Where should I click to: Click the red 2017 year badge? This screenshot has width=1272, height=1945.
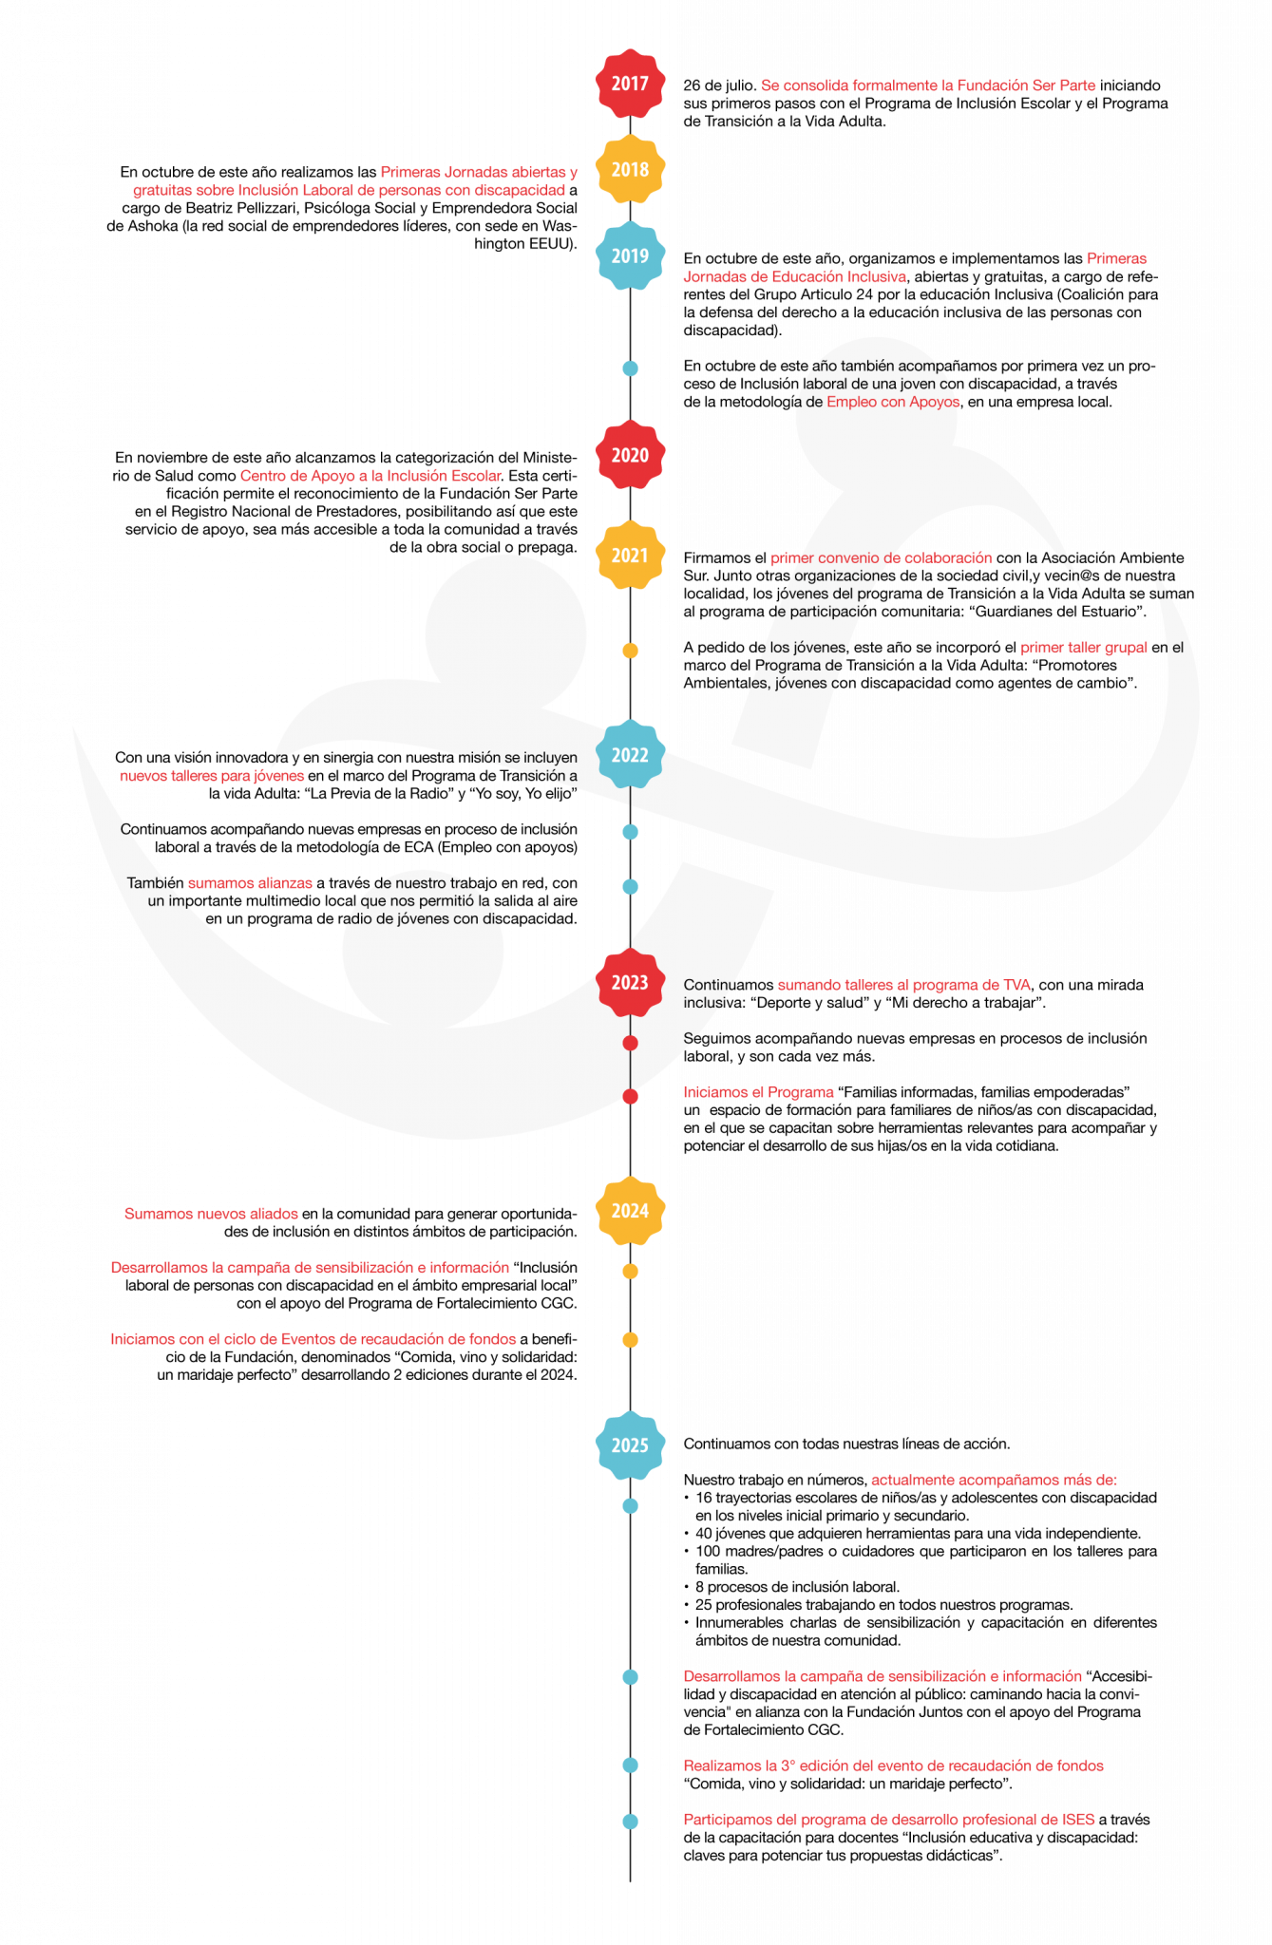tap(630, 84)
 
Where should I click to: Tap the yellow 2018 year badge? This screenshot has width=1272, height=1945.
tap(630, 169)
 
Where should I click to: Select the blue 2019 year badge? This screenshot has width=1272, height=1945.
tap(630, 255)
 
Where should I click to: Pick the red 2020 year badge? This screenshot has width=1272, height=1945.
tap(630, 455)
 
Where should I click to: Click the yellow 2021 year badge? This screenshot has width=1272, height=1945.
tap(630, 556)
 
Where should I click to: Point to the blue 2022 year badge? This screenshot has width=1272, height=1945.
tap(630, 755)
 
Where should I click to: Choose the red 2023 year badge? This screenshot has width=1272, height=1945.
tap(630, 982)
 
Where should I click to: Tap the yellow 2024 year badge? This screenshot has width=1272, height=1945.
tap(630, 1211)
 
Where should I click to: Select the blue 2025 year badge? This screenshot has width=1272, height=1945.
tap(630, 1445)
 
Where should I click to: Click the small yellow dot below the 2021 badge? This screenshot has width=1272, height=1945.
tap(630, 651)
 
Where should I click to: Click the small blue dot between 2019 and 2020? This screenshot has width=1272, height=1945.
tap(630, 368)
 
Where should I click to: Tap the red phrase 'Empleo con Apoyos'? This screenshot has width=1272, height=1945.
tap(893, 402)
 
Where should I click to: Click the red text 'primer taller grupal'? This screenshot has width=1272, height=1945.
tap(1084, 648)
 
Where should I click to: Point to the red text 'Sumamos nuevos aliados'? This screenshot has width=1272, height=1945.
tap(211, 1214)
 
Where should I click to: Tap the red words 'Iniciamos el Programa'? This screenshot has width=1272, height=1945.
tap(758, 1092)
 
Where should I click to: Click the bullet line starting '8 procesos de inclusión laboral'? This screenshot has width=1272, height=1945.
tap(797, 1587)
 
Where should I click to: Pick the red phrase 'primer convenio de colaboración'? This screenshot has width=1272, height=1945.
tap(881, 558)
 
